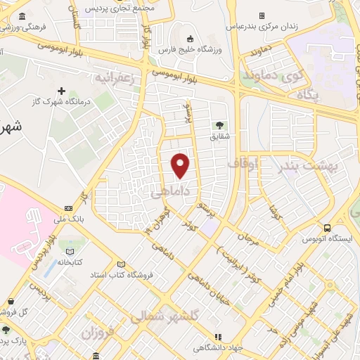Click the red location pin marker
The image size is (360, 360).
coord(181,165)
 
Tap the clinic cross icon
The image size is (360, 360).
coord(62,91)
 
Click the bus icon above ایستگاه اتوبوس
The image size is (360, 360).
coord(327,227)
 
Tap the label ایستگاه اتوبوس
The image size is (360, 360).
coord(327,240)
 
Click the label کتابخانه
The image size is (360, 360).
coord(69,262)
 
